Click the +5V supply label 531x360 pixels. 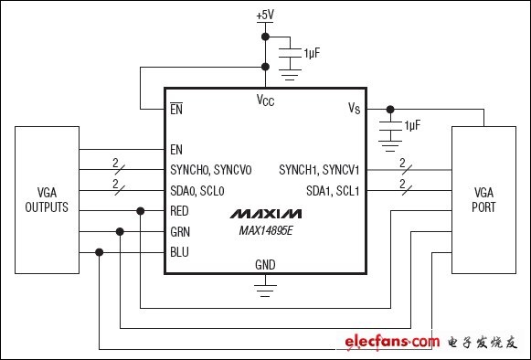265,15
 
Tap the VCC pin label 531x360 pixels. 265,101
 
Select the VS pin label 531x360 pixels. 355,108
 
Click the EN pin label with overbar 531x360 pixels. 176,109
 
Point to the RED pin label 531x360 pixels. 179,211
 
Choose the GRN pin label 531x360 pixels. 180,232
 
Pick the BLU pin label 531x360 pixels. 179,252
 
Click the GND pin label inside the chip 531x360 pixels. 265,265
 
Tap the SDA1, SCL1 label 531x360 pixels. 333,191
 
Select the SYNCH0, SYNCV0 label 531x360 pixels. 210,170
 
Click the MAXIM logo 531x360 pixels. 265,214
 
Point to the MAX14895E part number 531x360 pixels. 265,230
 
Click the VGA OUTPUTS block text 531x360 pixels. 47,200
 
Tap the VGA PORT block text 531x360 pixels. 483,200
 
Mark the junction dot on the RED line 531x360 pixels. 140,211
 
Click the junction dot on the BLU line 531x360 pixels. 100,252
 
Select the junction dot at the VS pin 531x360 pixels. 390,110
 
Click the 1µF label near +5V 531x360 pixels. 312,53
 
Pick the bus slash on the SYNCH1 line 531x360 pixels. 407,170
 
